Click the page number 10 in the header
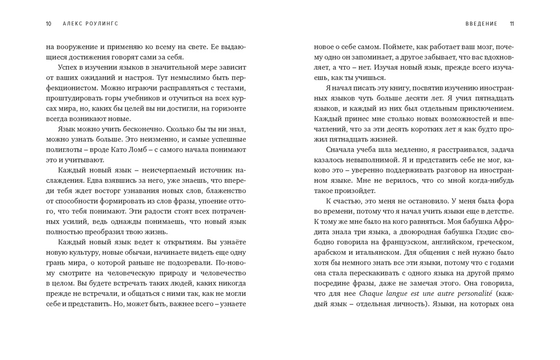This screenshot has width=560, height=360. [x=48, y=24]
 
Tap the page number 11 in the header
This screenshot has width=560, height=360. [x=512, y=24]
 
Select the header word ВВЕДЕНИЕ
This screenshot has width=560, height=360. [x=481, y=24]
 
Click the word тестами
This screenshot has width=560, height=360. [x=232, y=88]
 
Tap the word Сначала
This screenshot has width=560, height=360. [x=342, y=150]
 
